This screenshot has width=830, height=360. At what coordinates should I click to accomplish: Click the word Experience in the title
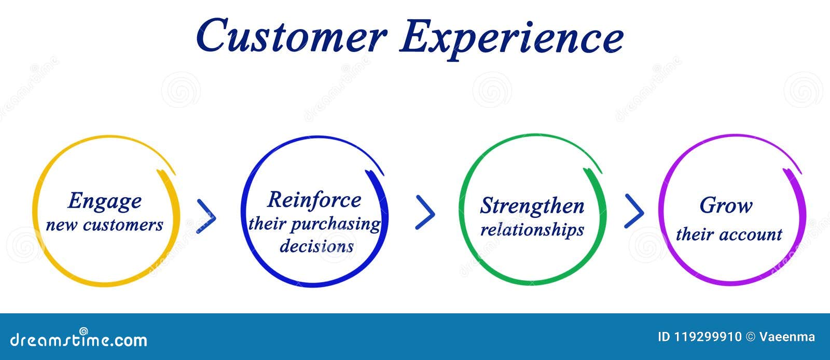pyautogui.click(x=511, y=37)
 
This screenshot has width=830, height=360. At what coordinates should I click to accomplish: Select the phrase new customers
pyautogui.click(x=104, y=225)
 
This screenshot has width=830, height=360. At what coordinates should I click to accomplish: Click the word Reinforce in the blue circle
pyautogui.click(x=314, y=200)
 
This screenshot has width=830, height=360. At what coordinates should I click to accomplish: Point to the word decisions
pyautogui.click(x=316, y=246)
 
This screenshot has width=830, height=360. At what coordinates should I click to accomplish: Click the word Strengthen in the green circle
pyautogui.click(x=532, y=206)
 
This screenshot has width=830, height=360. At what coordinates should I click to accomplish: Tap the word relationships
pyautogui.click(x=532, y=229)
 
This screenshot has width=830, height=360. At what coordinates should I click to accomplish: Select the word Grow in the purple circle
pyautogui.click(x=726, y=205)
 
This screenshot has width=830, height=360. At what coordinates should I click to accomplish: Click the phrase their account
pyautogui.click(x=728, y=234)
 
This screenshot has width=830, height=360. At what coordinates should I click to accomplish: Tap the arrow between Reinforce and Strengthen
pyautogui.click(x=425, y=213)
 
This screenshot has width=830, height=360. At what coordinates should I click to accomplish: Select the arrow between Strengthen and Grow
pyautogui.click(x=634, y=211)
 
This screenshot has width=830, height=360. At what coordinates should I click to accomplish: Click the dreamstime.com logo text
pyautogui.click(x=79, y=341)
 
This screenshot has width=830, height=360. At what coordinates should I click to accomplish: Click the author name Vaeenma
pyautogui.click(x=787, y=337)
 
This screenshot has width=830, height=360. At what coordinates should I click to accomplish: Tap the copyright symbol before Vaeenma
pyautogui.click(x=750, y=337)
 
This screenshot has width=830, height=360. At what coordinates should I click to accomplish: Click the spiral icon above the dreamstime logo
pyautogui.click(x=84, y=330)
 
